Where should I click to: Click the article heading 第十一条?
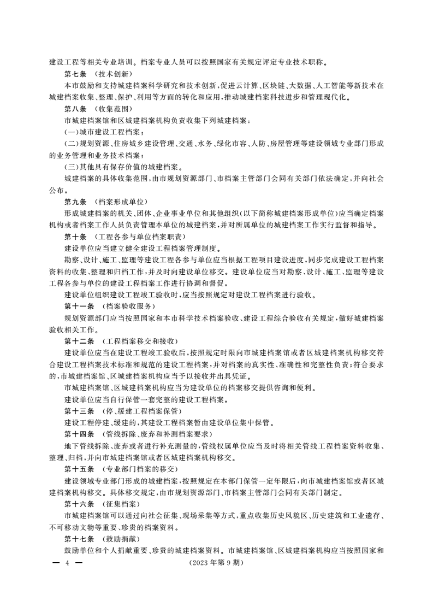pyautogui.click(x=79, y=306)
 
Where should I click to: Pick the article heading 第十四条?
pyautogui.click(x=79, y=434)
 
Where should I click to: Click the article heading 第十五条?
pyautogui.click(x=79, y=469)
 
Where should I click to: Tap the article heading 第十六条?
pyautogui.click(x=79, y=503)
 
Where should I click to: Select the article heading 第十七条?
pyautogui.click(x=79, y=538)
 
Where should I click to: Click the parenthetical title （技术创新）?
pyautogui.click(x=113, y=74)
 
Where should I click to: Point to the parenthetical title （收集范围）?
pyautogui.click(x=113, y=108)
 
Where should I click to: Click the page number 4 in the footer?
pyautogui.click(x=64, y=562)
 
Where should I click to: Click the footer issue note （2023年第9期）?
pyautogui.click(x=216, y=562)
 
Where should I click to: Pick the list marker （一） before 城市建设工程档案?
pyautogui.click(x=72, y=132)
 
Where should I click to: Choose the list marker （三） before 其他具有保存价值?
pyautogui.click(x=72, y=167)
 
